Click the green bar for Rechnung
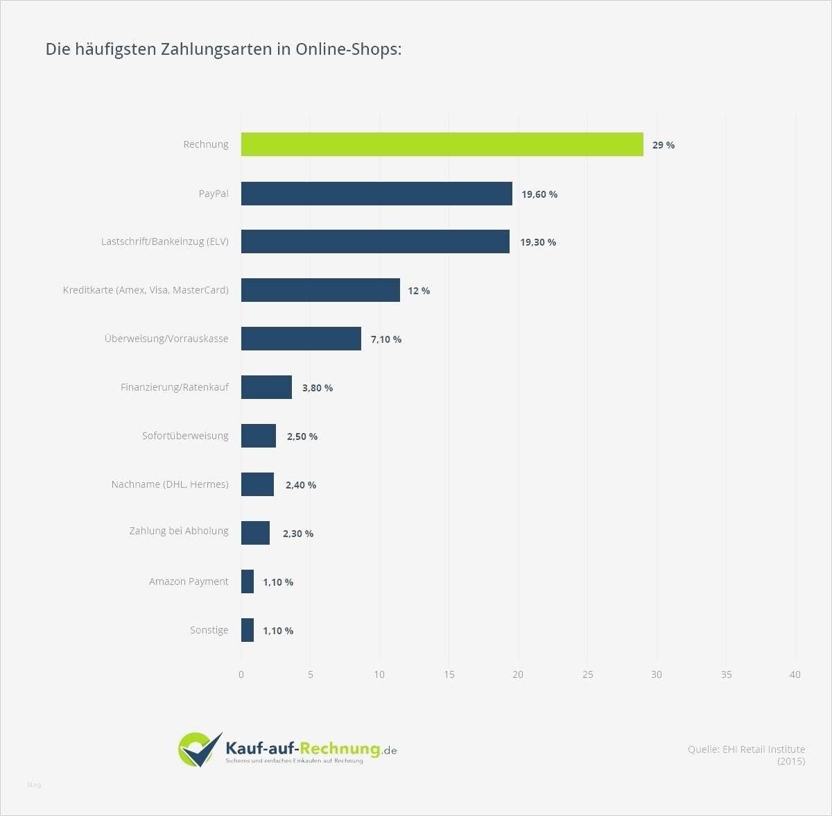point(442,144)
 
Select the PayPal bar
point(376,194)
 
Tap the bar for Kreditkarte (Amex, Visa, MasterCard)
point(320,290)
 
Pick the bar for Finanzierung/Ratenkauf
point(266,387)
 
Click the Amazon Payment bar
point(248,581)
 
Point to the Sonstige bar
point(248,630)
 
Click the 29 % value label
point(663,145)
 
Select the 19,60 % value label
point(539,194)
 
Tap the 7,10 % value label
point(386,339)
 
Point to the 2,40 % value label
point(301,485)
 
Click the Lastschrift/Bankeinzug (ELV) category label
point(165,241)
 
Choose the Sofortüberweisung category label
point(185,436)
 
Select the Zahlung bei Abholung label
point(179,531)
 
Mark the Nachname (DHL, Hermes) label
point(170,484)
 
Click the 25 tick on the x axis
point(588,674)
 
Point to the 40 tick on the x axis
point(795,674)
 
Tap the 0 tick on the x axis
point(241,674)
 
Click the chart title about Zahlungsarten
point(223,49)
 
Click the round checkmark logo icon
point(199,749)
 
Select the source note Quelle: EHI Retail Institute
point(746,749)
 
